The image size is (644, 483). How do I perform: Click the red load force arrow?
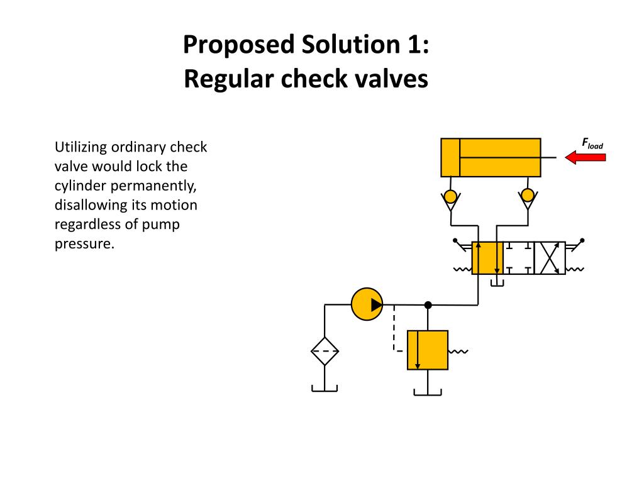point(585,157)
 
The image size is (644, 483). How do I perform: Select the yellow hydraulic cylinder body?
point(491,157)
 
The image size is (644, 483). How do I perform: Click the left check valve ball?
point(450,196)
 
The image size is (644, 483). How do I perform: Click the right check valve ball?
point(527,196)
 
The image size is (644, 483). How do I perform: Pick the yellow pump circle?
point(367,304)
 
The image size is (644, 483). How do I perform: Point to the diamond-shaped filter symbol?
point(325,351)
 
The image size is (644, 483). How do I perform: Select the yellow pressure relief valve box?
point(428,350)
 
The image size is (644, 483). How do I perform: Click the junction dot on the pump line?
point(428,305)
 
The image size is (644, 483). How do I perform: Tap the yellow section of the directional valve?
point(487,257)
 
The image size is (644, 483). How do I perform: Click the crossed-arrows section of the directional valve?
point(549,257)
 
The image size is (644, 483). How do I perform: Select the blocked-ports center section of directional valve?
point(518,257)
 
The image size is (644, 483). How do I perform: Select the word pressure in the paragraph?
point(84,243)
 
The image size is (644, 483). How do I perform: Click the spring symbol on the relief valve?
point(458,352)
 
